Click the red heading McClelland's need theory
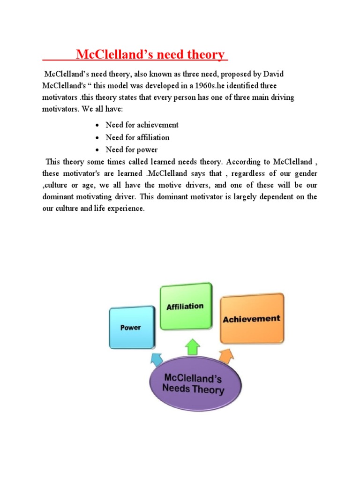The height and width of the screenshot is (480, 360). click(x=150, y=55)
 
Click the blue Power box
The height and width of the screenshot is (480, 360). click(x=131, y=327)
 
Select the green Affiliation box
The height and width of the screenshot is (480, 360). click(x=185, y=307)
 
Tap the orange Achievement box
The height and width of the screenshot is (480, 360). click(x=252, y=319)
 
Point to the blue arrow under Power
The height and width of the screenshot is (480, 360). click(x=156, y=359)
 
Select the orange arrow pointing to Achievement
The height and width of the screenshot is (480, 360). click(x=226, y=357)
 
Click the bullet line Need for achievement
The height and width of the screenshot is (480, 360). click(x=142, y=125)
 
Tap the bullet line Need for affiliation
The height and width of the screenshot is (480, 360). click(x=137, y=137)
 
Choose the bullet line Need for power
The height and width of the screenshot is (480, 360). click(x=132, y=150)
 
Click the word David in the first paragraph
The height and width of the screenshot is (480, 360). click(x=274, y=75)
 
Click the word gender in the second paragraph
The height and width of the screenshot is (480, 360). click(x=306, y=173)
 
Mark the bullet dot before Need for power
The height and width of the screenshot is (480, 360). click(x=96, y=150)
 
